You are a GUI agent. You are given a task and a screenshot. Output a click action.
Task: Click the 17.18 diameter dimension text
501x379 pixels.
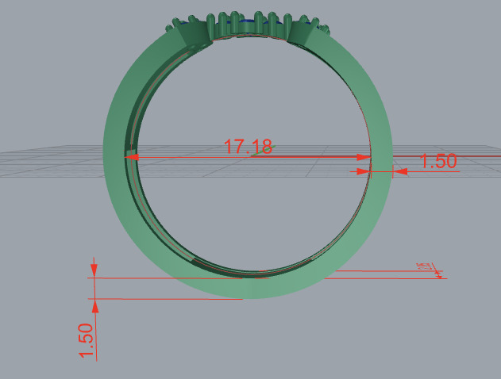pyautogui.click(x=249, y=147)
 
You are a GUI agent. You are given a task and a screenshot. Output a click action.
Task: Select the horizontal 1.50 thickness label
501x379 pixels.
pyautogui.click(x=437, y=161)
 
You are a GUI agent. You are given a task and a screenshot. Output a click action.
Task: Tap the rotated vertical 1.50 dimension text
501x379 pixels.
pyautogui.click(x=87, y=340)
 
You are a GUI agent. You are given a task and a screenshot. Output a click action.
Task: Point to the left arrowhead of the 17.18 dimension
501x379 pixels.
pyautogui.click(x=132, y=158)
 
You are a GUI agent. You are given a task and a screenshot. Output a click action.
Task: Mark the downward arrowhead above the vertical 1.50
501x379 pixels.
pyautogui.click(x=94, y=271)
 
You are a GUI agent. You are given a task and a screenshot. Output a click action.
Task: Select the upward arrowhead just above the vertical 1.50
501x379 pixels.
pyautogui.click(x=94, y=304)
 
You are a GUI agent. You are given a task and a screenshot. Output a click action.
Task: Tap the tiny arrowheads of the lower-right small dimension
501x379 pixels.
pyautogui.click(x=437, y=274)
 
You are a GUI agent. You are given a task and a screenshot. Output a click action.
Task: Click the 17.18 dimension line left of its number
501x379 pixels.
pyautogui.click(x=183, y=158)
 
